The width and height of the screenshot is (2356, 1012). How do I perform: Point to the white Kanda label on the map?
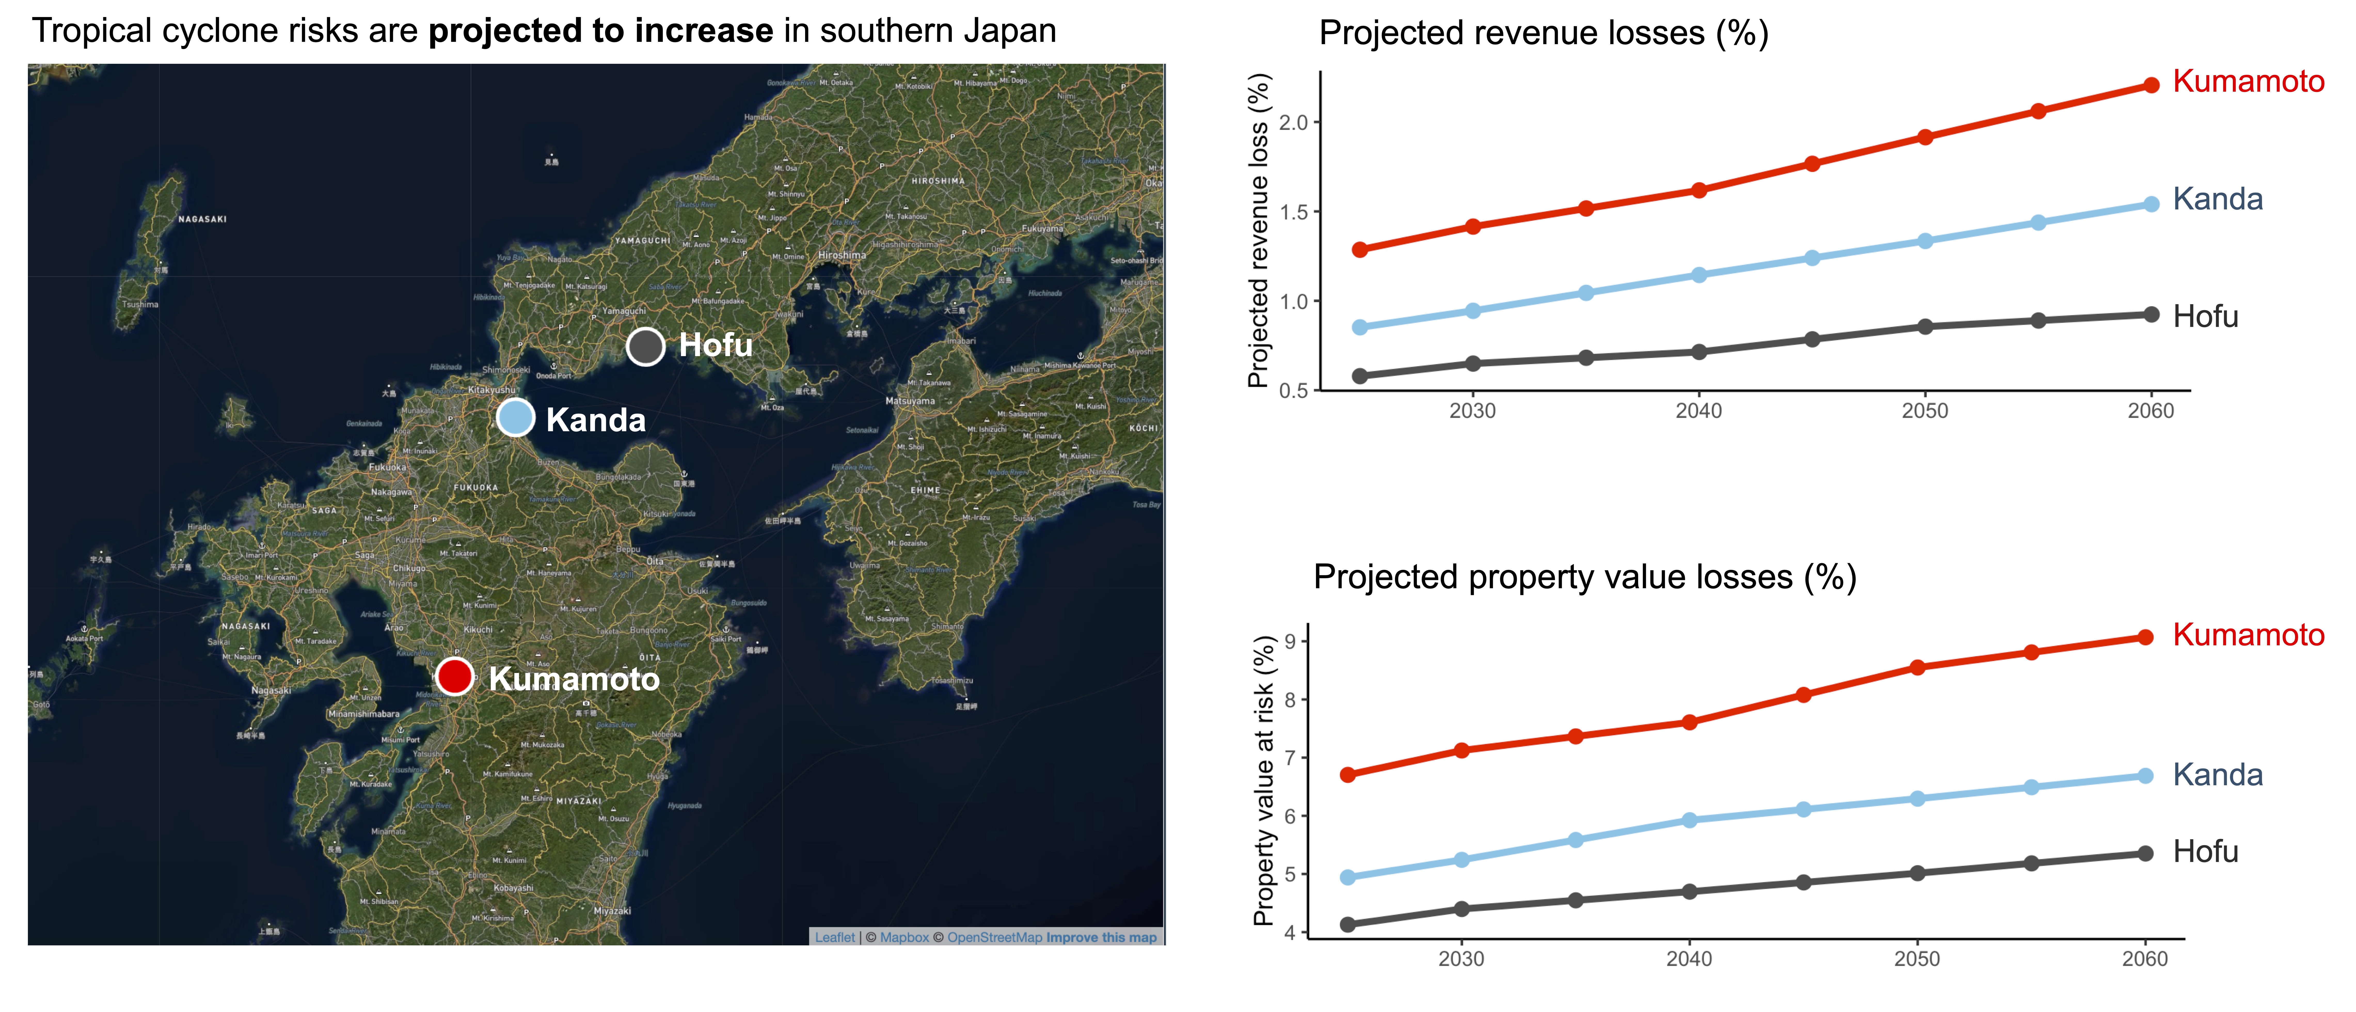point(596,420)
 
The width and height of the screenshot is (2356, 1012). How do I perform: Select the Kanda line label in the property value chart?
point(2217,775)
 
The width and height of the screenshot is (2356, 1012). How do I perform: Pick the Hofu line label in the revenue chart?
point(2205,317)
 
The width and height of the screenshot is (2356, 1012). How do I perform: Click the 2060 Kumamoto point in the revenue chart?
point(2151,85)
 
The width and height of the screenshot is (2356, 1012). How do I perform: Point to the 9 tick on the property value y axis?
point(1290,641)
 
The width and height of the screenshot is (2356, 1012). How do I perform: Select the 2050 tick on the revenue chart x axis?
point(1924,411)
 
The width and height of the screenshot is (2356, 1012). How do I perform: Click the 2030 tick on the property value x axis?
point(1461,959)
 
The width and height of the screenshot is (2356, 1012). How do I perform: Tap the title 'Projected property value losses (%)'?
point(1584,577)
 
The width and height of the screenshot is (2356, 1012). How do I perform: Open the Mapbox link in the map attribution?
point(904,937)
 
